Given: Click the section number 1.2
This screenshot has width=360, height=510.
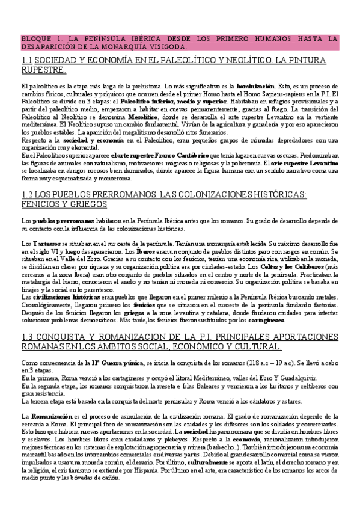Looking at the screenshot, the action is click(27, 195).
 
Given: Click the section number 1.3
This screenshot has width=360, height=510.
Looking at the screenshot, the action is click(27, 337).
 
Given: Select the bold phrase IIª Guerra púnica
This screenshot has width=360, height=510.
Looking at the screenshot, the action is click(118, 363).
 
